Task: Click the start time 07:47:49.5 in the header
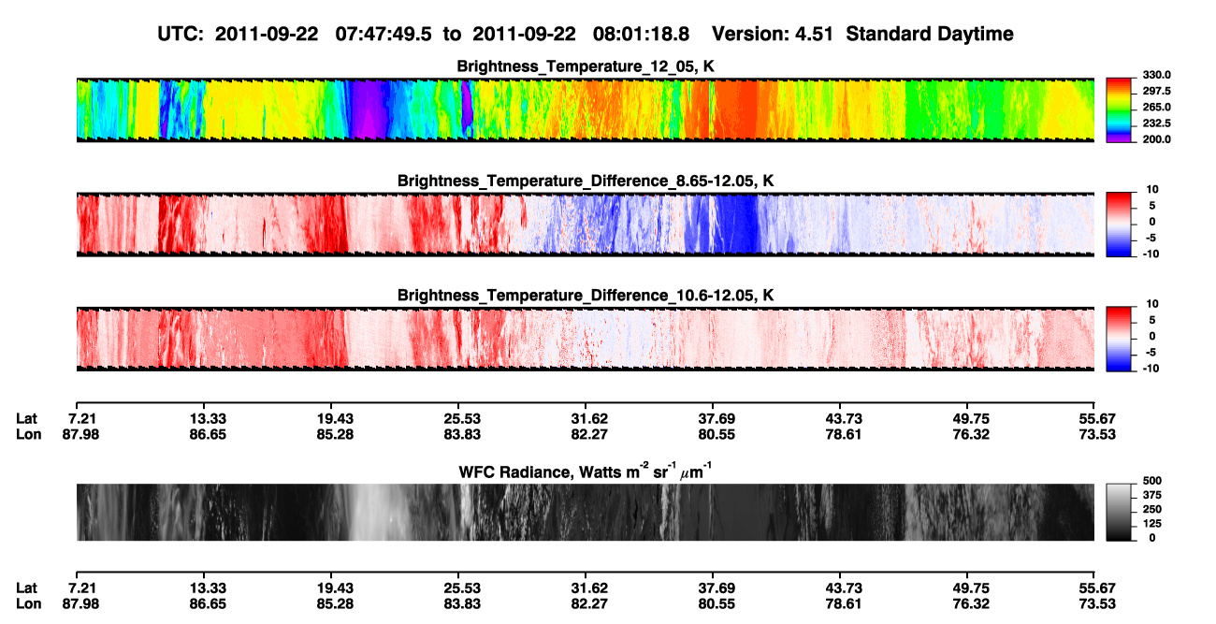(384, 35)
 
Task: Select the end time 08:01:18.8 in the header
(641, 35)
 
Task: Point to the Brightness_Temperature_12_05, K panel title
(586, 66)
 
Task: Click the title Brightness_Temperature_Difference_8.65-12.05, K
(586, 181)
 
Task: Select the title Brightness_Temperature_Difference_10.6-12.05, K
(586, 296)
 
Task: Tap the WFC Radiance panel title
(586, 472)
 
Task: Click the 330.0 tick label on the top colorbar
(1156, 75)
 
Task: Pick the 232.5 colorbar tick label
(1156, 123)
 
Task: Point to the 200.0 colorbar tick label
(1156, 139)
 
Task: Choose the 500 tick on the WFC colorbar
(1152, 481)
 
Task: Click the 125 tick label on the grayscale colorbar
(1152, 524)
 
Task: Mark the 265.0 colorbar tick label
(1156, 107)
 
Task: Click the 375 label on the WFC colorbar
(1152, 495)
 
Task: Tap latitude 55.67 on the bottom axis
(1097, 588)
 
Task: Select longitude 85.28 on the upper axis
(335, 434)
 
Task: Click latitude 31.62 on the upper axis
(589, 419)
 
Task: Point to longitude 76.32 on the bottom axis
(971, 604)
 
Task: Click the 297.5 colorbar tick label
(1156, 91)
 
